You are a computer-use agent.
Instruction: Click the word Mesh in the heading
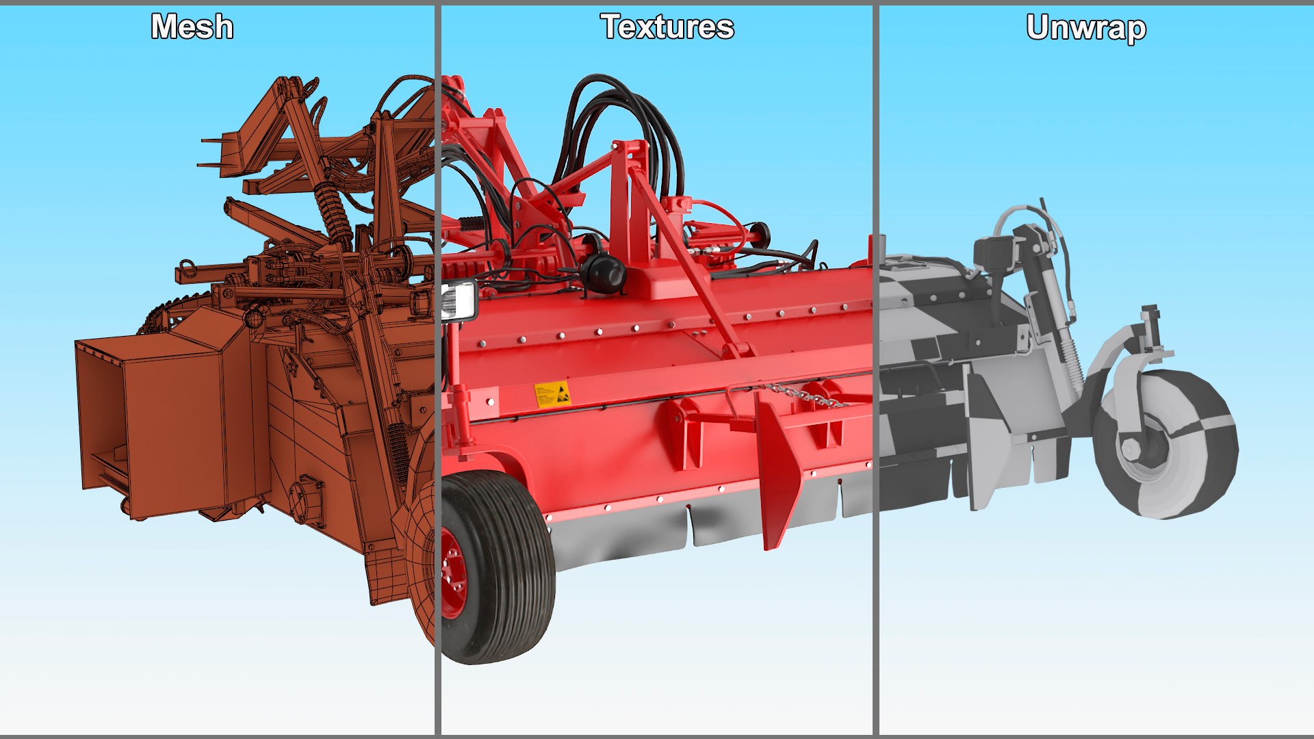tap(192, 27)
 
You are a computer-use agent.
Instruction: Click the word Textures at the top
tap(667, 27)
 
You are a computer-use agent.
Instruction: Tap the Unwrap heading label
tap(1086, 29)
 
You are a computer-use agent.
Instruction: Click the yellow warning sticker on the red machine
tap(552, 394)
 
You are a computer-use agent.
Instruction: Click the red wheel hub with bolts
tap(453, 572)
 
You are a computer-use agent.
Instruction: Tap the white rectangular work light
tap(459, 301)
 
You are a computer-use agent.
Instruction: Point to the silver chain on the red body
tap(804, 396)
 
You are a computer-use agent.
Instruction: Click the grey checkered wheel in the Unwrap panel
tap(1167, 445)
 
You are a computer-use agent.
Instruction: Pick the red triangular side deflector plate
tap(777, 472)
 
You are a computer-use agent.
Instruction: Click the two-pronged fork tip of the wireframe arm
tap(212, 152)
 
